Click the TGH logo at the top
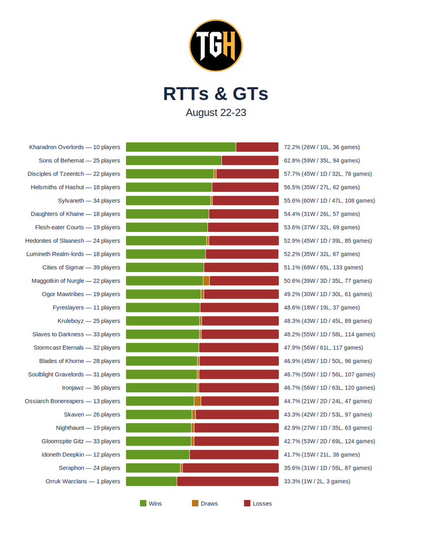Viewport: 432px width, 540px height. (x=216, y=45)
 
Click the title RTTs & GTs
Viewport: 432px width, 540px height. (x=216, y=94)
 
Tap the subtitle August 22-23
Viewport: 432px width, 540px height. (x=216, y=113)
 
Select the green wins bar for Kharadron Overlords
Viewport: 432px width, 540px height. (x=181, y=147)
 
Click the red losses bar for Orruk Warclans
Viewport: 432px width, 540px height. (x=228, y=481)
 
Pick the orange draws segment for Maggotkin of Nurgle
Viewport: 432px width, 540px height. (x=206, y=281)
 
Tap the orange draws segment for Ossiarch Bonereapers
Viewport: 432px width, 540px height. (x=197, y=401)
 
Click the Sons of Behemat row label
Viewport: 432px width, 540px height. (x=79, y=160)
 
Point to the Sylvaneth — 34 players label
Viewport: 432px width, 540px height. (x=89, y=200)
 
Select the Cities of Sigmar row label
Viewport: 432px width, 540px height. (x=81, y=267)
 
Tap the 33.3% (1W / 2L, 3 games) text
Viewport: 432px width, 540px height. (x=317, y=481)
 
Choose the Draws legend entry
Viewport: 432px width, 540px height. (x=205, y=504)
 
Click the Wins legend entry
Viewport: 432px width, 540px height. (x=151, y=504)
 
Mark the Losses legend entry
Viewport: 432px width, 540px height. (x=258, y=504)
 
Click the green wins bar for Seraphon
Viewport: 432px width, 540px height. (x=153, y=468)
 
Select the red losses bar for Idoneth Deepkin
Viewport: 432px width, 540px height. (x=234, y=455)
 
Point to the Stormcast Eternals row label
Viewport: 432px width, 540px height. (x=77, y=348)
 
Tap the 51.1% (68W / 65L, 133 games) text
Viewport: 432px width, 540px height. (x=323, y=267)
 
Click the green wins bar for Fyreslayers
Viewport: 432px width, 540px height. (x=163, y=307)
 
